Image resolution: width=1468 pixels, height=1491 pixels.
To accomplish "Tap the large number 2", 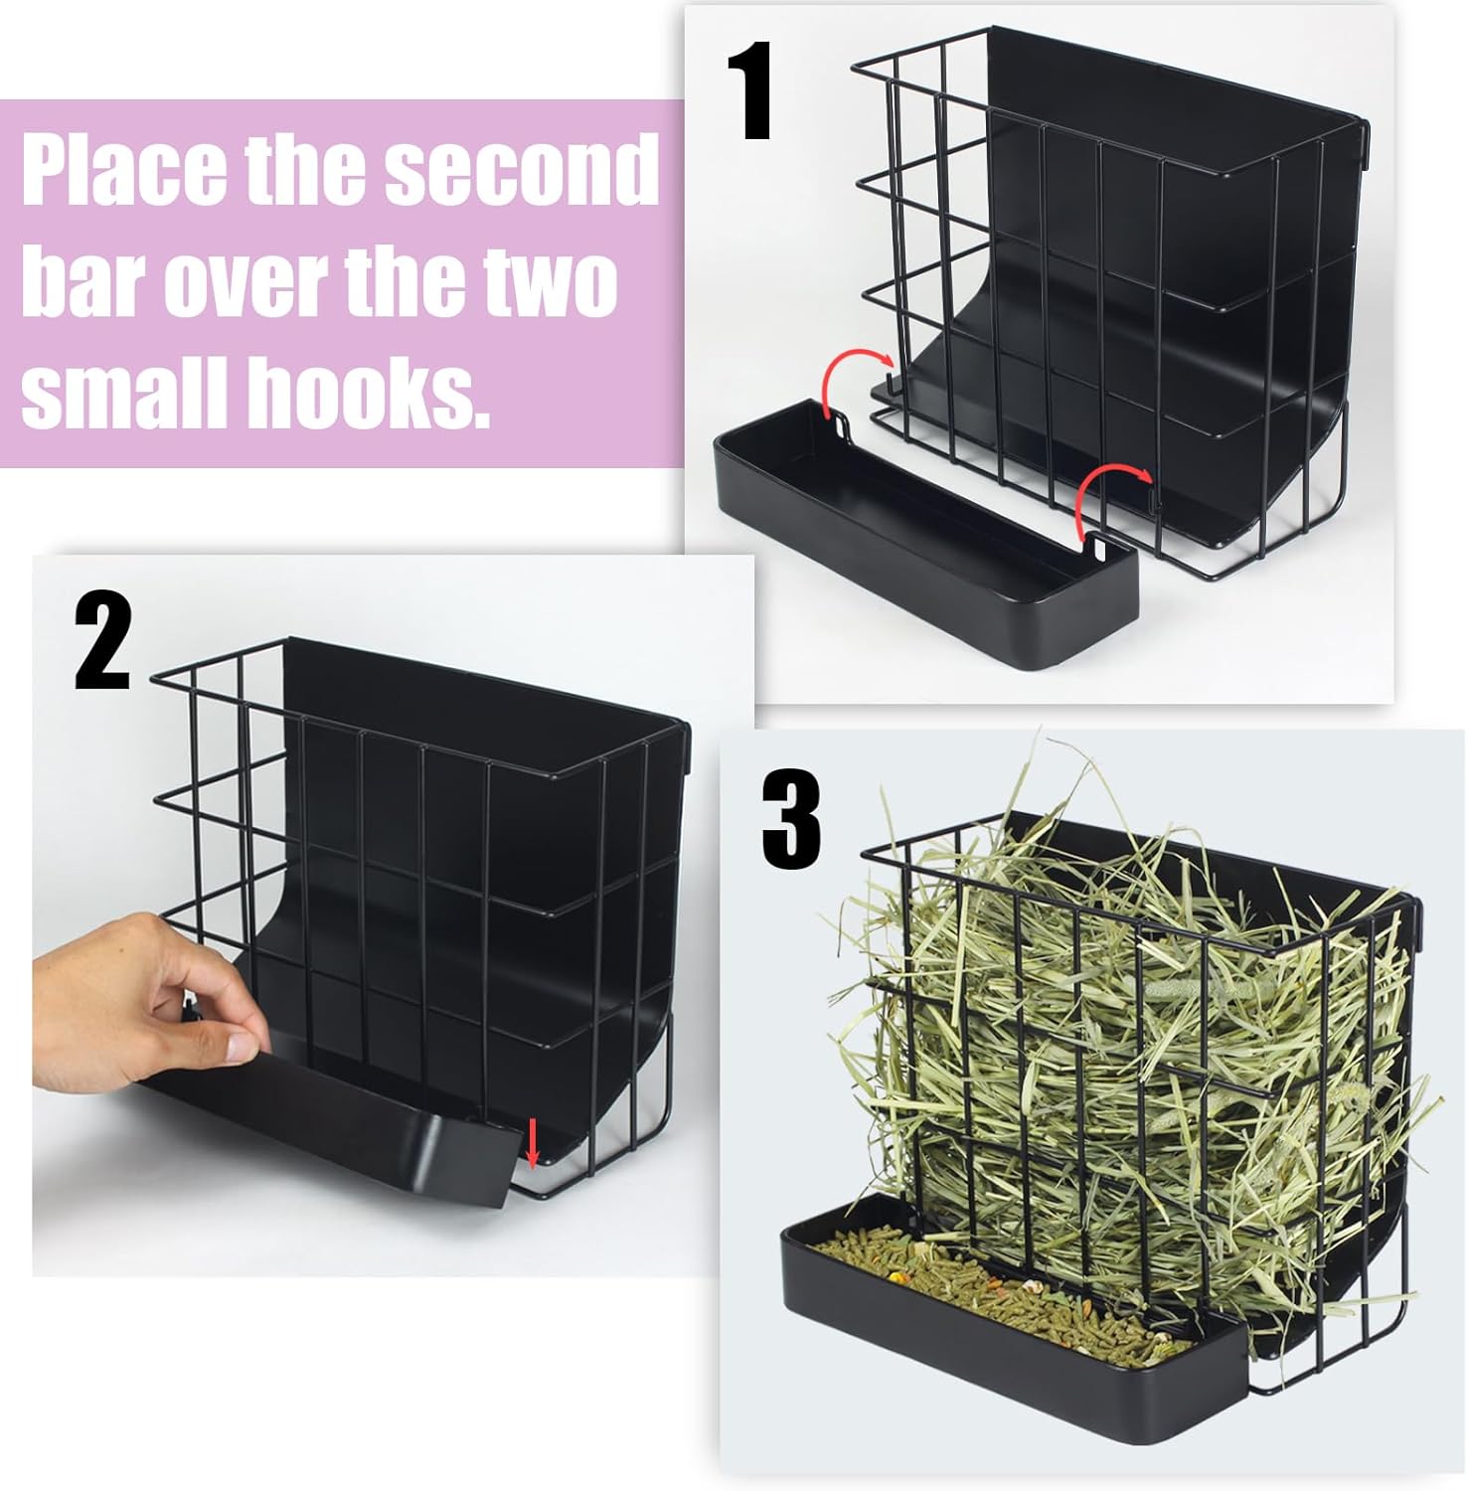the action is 103,643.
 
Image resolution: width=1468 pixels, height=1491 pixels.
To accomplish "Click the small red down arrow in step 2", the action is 533,1144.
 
